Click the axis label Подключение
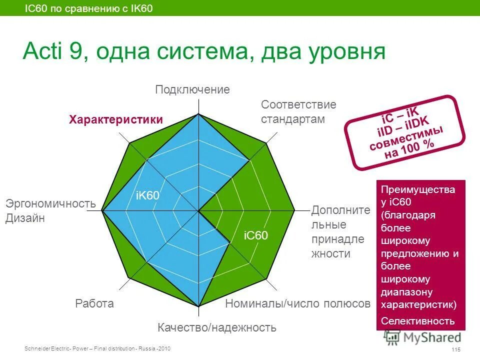(192, 90)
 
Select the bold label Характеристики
(116, 120)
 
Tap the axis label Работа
(94, 303)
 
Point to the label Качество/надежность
(217, 328)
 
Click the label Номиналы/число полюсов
(297, 303)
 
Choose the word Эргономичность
(50, 204)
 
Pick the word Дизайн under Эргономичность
(25, 218)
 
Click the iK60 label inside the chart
(147, 196)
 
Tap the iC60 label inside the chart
(256, 235)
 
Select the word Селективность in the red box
(418, 321)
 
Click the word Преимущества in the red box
(418, 190)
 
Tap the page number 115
(455, 349)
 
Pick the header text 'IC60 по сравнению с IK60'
(89, 8)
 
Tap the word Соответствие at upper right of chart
(298, 105)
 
